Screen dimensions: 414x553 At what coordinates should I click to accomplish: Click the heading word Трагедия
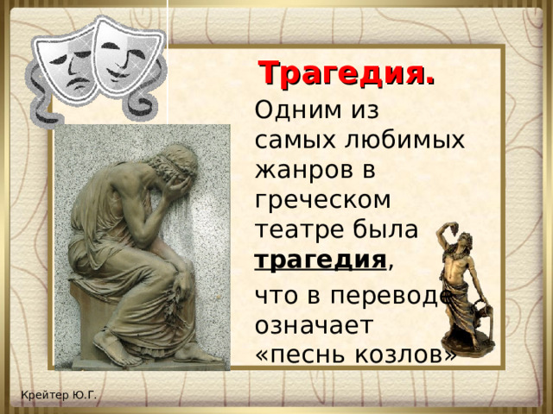tap(346, 73)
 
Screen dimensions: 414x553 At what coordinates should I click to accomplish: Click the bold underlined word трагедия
tap(319, 259)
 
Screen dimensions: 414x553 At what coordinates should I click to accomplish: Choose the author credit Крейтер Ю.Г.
tap(60, 396)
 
